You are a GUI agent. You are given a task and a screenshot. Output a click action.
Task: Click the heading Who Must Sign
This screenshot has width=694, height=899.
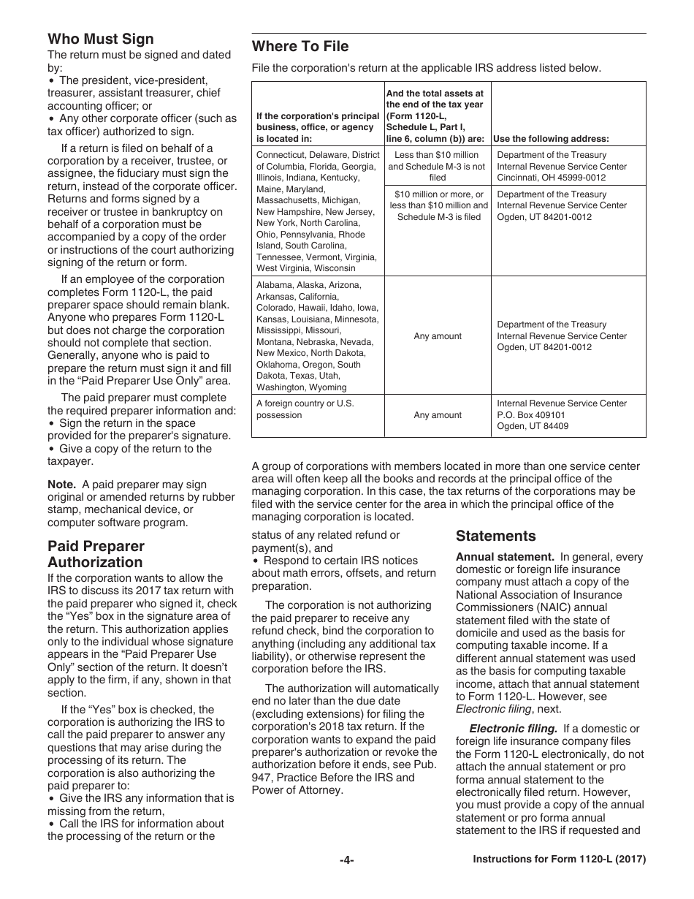point(101,39)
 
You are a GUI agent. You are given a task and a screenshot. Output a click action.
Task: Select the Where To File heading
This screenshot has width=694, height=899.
point(300,47)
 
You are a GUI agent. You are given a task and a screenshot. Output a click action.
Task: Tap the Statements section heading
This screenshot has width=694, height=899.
point(496,536)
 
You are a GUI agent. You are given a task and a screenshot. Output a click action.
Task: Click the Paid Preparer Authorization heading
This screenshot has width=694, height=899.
point(96,554)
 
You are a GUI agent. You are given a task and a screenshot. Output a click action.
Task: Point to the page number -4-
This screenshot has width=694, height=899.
point(346,860)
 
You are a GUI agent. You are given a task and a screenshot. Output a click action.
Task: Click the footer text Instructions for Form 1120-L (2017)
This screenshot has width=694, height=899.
point(560,860)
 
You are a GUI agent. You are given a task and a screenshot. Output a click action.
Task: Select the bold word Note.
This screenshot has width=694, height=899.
point(61,485)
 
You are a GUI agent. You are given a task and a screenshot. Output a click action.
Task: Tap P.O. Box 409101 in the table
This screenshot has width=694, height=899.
point(531,415)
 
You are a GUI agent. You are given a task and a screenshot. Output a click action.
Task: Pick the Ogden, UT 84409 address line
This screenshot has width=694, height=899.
point(533,426)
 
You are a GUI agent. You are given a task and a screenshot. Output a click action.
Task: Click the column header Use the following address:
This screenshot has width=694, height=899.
point(551,139)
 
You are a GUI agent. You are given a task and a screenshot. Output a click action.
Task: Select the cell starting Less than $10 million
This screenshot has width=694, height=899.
point(437,166)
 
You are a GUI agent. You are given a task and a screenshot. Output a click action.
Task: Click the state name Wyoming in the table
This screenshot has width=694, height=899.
point(328,387)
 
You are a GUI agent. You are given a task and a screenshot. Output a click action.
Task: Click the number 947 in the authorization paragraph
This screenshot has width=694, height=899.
point(264,778)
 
